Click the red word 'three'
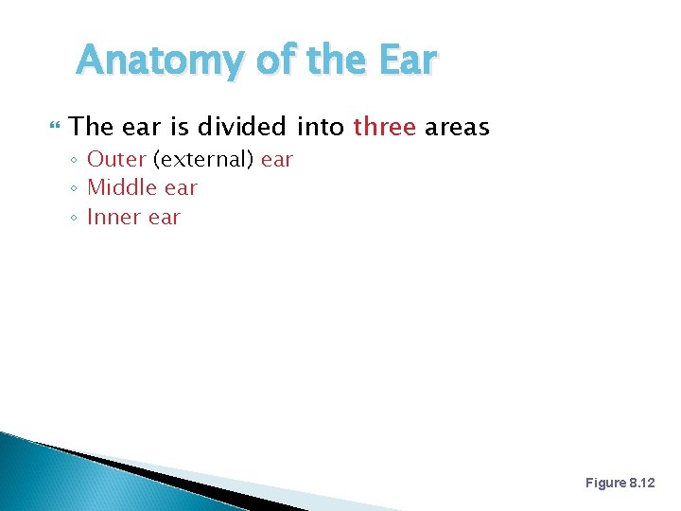tap(384, 126)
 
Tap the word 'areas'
tap(457, 126)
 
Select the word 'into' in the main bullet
tap(321, 126)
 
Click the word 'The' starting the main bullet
tap(92, 126)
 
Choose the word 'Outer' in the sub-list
tap(116, 159)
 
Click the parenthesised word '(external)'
tap(203, 159)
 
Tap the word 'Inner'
tap(114, 217)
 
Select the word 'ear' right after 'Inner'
tap(165, 217)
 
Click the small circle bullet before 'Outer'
tap(74, 160)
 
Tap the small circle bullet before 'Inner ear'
tap(74, 218)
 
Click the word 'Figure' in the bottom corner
tap(605, 483)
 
